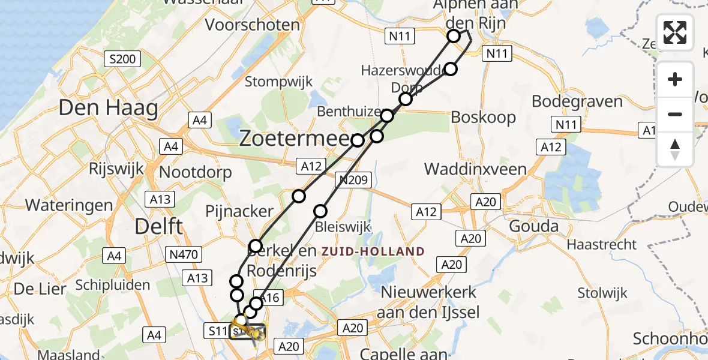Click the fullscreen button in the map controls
coord(675,32)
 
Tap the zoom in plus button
coord(675,79)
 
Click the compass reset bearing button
coord(675,149)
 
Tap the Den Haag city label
coord(109,109)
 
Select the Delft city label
coord(158,226)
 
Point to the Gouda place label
coord(533,227)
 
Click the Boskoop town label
coord(483,117)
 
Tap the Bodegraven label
coord(577,101)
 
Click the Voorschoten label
coord(253,25)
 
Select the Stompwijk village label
coord(278,82)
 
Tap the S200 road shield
coord(122,59)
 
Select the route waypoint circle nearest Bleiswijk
coord(320,211)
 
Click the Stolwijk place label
coord(602,293)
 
